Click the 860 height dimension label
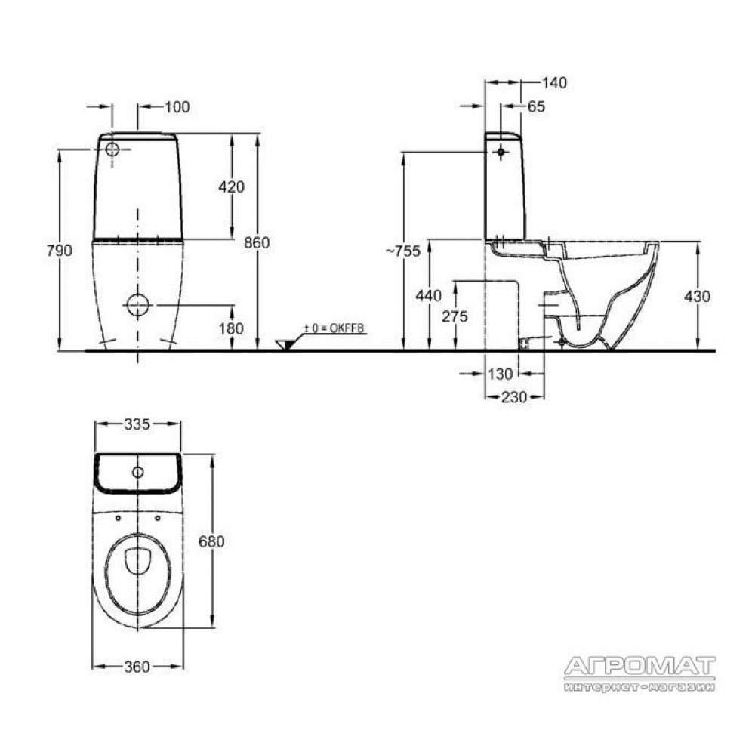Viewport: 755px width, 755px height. pyautogui.click(x=257, y=242)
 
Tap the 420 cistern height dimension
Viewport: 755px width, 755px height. pyautogui.click(x=232, y=186)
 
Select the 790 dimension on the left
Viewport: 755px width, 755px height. pyautogui.click(x=59, y=251)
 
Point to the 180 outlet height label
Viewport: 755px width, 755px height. pyautogui.click(x=232, y=328)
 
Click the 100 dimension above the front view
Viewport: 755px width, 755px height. pyautogui.click(x=177, y=106)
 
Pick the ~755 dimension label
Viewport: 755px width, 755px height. pyautogui.click(x=404, y=251)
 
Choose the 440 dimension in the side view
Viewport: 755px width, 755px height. pyautogui.click(x=429, y=295)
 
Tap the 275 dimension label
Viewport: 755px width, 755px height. pyautogui.click(x=455, y=316)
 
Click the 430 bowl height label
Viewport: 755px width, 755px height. pyautogui.click(x=697, y=296)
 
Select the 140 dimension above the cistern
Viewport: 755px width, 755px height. pyautogui.click(x=555, y=83)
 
